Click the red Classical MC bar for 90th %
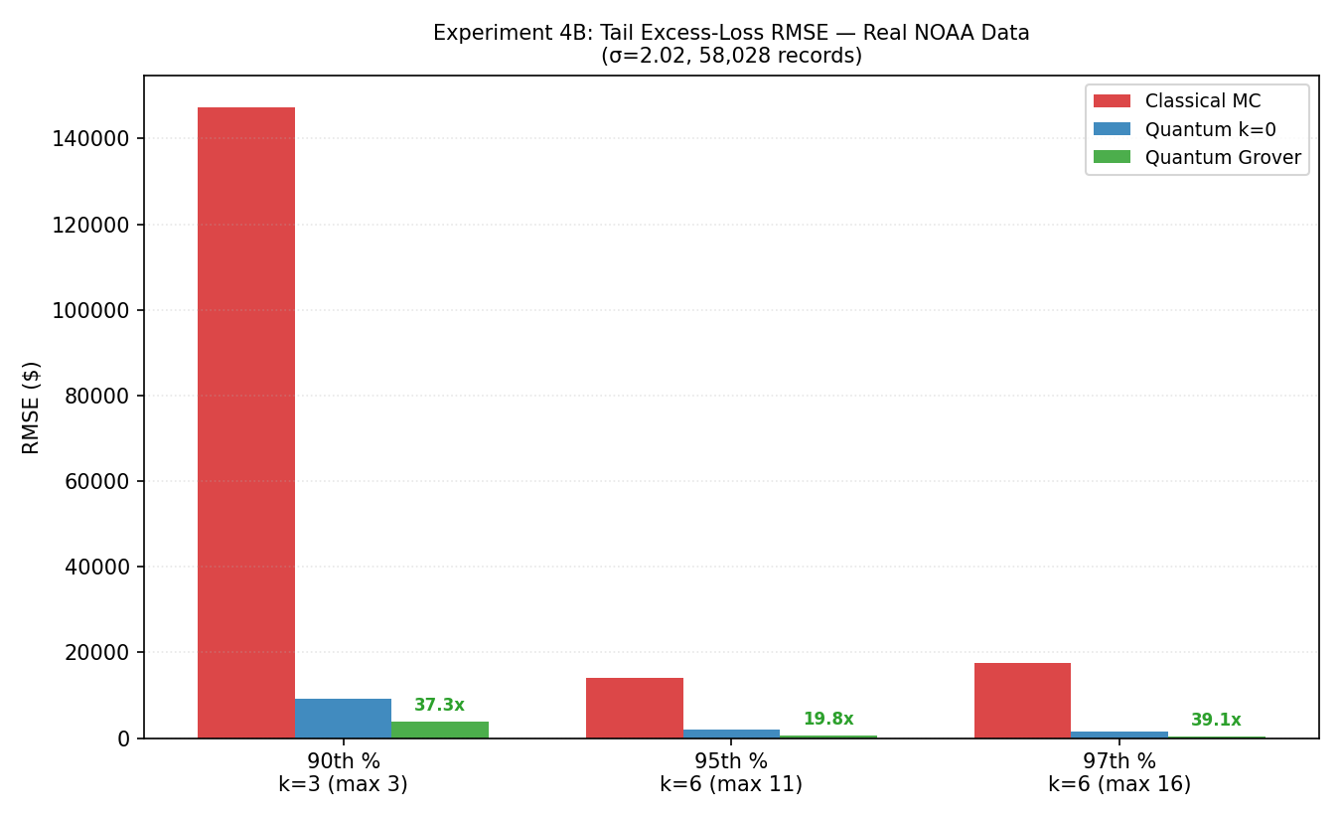pos(245,422)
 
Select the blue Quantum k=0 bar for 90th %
pos(343,719)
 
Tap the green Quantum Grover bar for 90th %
pos(440,730)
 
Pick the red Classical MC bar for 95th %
pos(634,708)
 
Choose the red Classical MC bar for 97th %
pos(1022,701)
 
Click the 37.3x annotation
pos(439,705)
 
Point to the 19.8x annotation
pos(828,719)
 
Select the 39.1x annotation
pos(1216,720)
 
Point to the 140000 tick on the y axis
pos(90,139)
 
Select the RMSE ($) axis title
pos(31,408)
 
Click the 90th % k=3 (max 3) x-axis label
pos(343,772)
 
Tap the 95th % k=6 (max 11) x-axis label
pos(731,772)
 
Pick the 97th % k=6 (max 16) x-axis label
pos(1119,772)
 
